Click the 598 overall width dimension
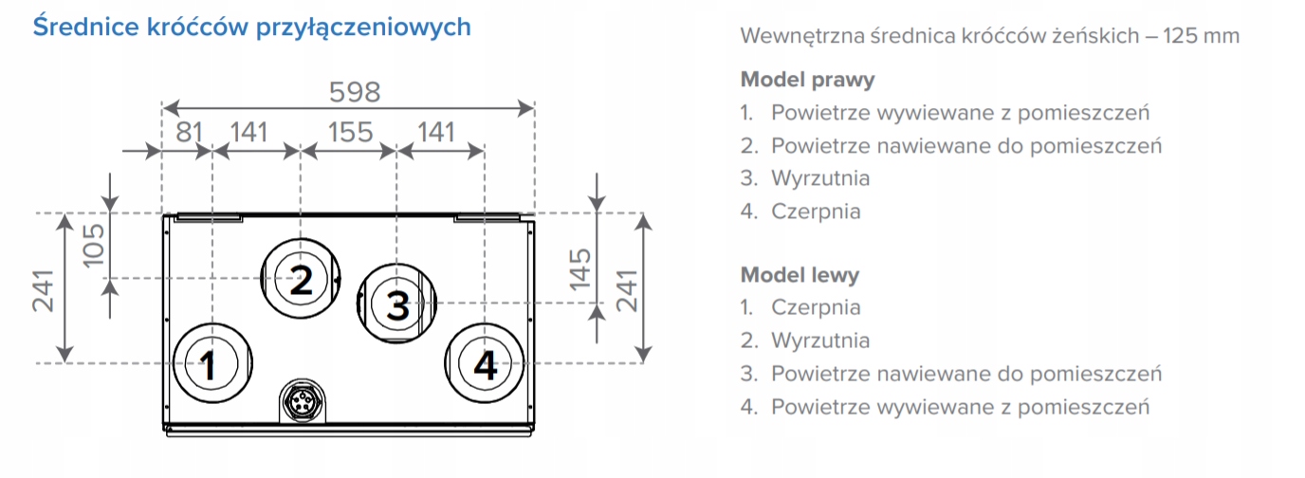tap(354, 92)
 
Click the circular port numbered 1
tap(212, 363)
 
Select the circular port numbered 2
tap(301, 279)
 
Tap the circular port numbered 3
tap(396, 304)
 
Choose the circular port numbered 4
tap(485, 363)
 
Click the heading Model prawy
tap(807, 79)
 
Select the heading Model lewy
tap(800, 275)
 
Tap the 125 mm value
tap(1204, 36)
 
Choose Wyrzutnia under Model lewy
tap(820, 340)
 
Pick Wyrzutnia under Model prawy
tap(820, 177)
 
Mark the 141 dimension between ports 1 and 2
tap(248, 132)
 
